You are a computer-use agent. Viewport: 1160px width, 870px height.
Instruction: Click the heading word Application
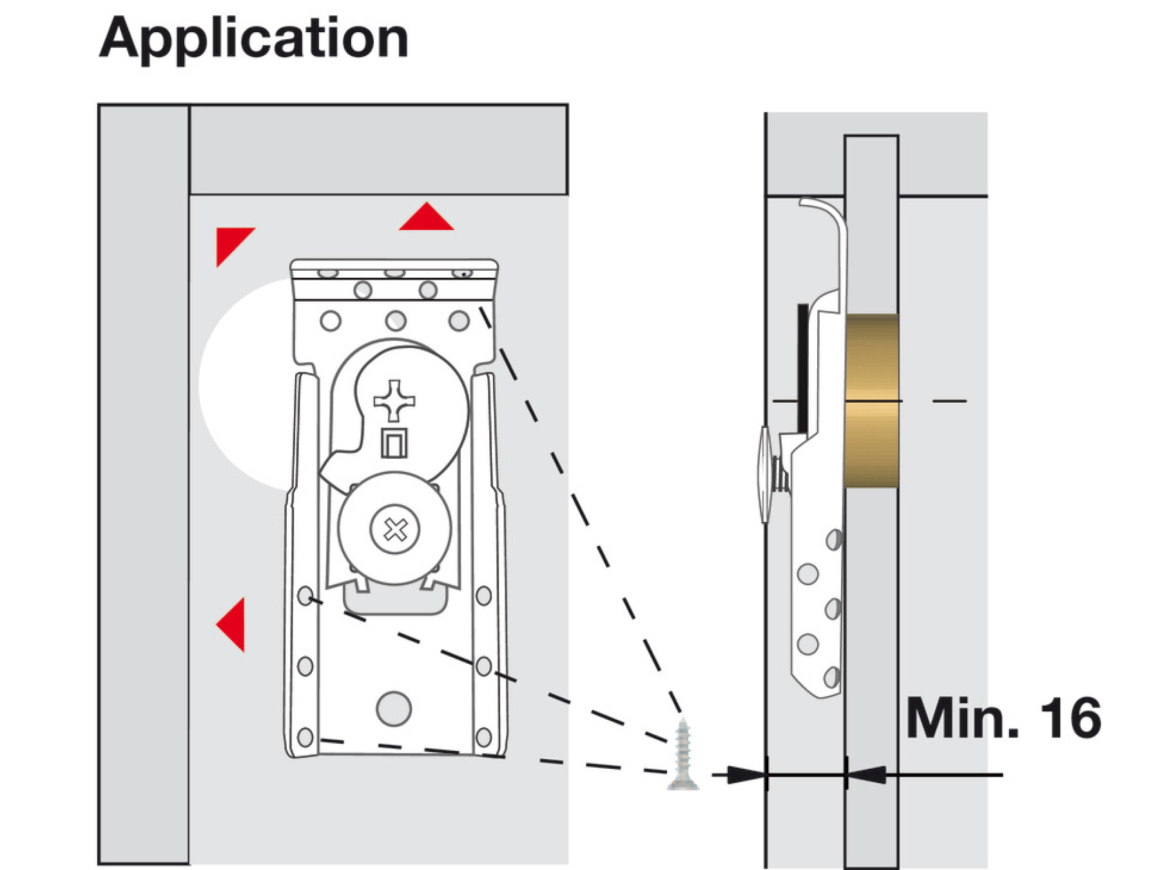tap(254, 39)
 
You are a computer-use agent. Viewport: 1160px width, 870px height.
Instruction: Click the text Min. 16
tap(1003, 718)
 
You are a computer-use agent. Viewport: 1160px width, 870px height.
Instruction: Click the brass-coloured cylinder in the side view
tap(871, 400)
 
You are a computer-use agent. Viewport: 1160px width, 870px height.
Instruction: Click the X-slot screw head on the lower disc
tap(395, 530)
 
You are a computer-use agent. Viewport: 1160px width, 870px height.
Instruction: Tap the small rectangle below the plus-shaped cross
tap(394, 443)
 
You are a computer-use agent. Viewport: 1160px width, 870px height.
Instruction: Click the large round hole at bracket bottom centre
tap(394, 708)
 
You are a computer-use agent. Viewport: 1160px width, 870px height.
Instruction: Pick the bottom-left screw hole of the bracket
tap(305, 737)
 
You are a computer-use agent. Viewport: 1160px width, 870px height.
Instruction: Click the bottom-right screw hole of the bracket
tap(483, 737)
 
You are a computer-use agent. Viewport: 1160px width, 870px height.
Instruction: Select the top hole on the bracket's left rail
tap(305, 595)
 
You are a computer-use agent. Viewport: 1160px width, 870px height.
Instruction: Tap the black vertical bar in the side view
tap(803, 367)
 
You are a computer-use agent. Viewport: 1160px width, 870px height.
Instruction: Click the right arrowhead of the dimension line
tap(867, 775)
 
